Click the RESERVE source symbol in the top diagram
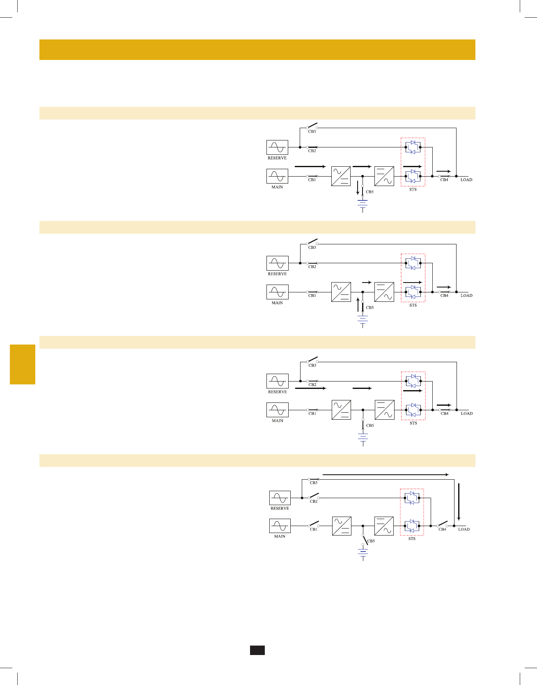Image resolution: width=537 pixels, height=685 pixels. [x=277, y=147]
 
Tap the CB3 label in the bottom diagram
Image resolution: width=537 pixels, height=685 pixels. [x=314, y=483]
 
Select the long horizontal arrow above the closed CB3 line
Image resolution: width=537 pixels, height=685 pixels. [x=386, y=475]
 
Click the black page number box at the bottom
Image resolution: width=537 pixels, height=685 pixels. [x=257, y=650]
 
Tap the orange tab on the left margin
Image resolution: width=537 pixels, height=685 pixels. [x=23, y=364]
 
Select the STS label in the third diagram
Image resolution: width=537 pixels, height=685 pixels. [x=413, y=423]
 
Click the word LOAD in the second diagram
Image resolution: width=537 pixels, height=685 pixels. [x=466, y=296]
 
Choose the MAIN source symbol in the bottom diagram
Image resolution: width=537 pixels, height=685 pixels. [x=280, y=526]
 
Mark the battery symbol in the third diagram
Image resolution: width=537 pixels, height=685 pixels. [x=363, y=439]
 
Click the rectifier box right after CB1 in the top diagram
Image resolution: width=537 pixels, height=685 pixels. [x=341, y=176]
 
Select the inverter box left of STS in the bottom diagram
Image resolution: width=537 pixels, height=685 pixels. [x=384, y=526]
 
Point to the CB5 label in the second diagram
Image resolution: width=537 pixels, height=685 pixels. [x=370, y=308]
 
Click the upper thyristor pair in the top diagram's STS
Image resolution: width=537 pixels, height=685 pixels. [x=413, y=147]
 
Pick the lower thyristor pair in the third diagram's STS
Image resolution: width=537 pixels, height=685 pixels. [x=413, y=410]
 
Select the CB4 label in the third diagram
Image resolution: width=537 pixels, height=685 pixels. [x=445, y=414]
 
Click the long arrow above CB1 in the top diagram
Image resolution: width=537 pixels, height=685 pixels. [x=310, y=167]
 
